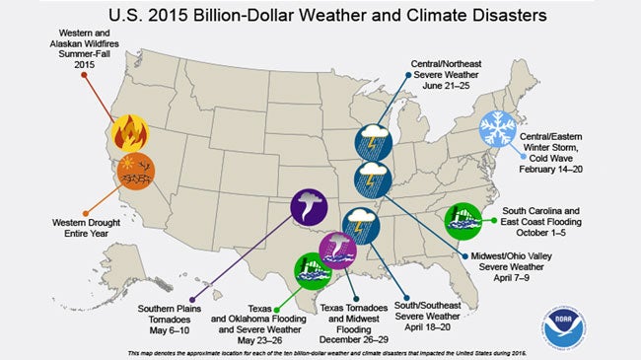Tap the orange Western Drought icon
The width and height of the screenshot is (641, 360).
[x=135, y=173]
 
